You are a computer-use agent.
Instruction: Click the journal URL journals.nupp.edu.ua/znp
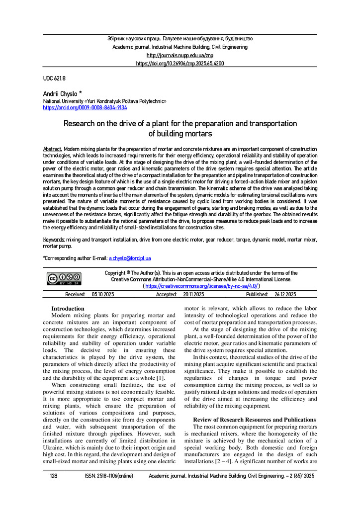pyautogui.click(x=180, y=55)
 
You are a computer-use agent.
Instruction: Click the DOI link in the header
pyautogui.click(x=180, y=64)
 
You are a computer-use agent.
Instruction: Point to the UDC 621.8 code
pyautogui.click(x=54, y=78)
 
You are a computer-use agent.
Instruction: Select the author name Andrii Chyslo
pyautogui.click(x=60, y=94)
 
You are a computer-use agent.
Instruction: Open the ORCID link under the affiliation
pyautogui.click(x=85, y=107)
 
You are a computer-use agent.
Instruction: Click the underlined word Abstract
pyautogui.click(x=53, y=149)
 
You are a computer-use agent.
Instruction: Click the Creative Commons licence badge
pyautogui.click(x=64, y=278)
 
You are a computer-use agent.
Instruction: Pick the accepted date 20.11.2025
pyautogui.click(x=193, y=295)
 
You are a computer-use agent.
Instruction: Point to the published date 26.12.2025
pyautogui.click(x=285, y=295)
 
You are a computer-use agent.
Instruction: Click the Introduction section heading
pyautogui.click(x=68, y=309)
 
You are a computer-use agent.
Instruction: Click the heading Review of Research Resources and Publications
pyautogui.click(x=254, y=420)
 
